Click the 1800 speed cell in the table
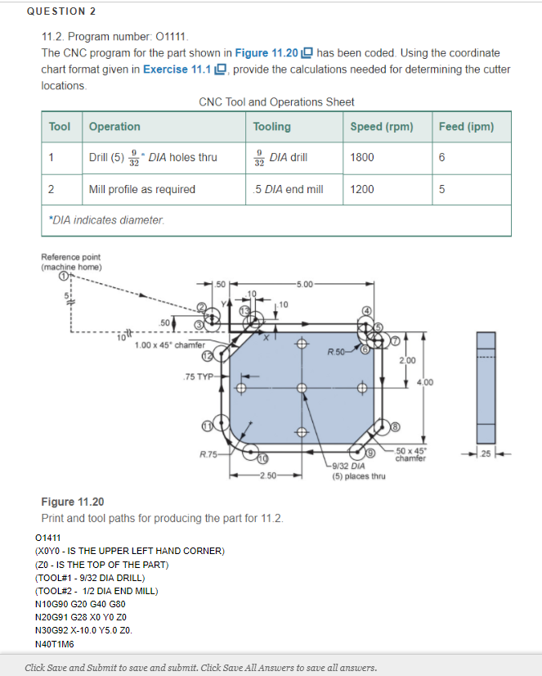click(362, 157)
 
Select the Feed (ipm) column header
click(466, 126)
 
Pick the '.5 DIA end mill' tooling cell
click(288, 189)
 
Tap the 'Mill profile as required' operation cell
click(141, 189)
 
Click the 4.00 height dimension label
click(430, 381)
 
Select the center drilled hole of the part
click(302, 387)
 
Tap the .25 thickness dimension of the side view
click(486, 453)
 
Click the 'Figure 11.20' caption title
click(72, 502)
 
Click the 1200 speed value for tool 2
click(362, 189)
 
